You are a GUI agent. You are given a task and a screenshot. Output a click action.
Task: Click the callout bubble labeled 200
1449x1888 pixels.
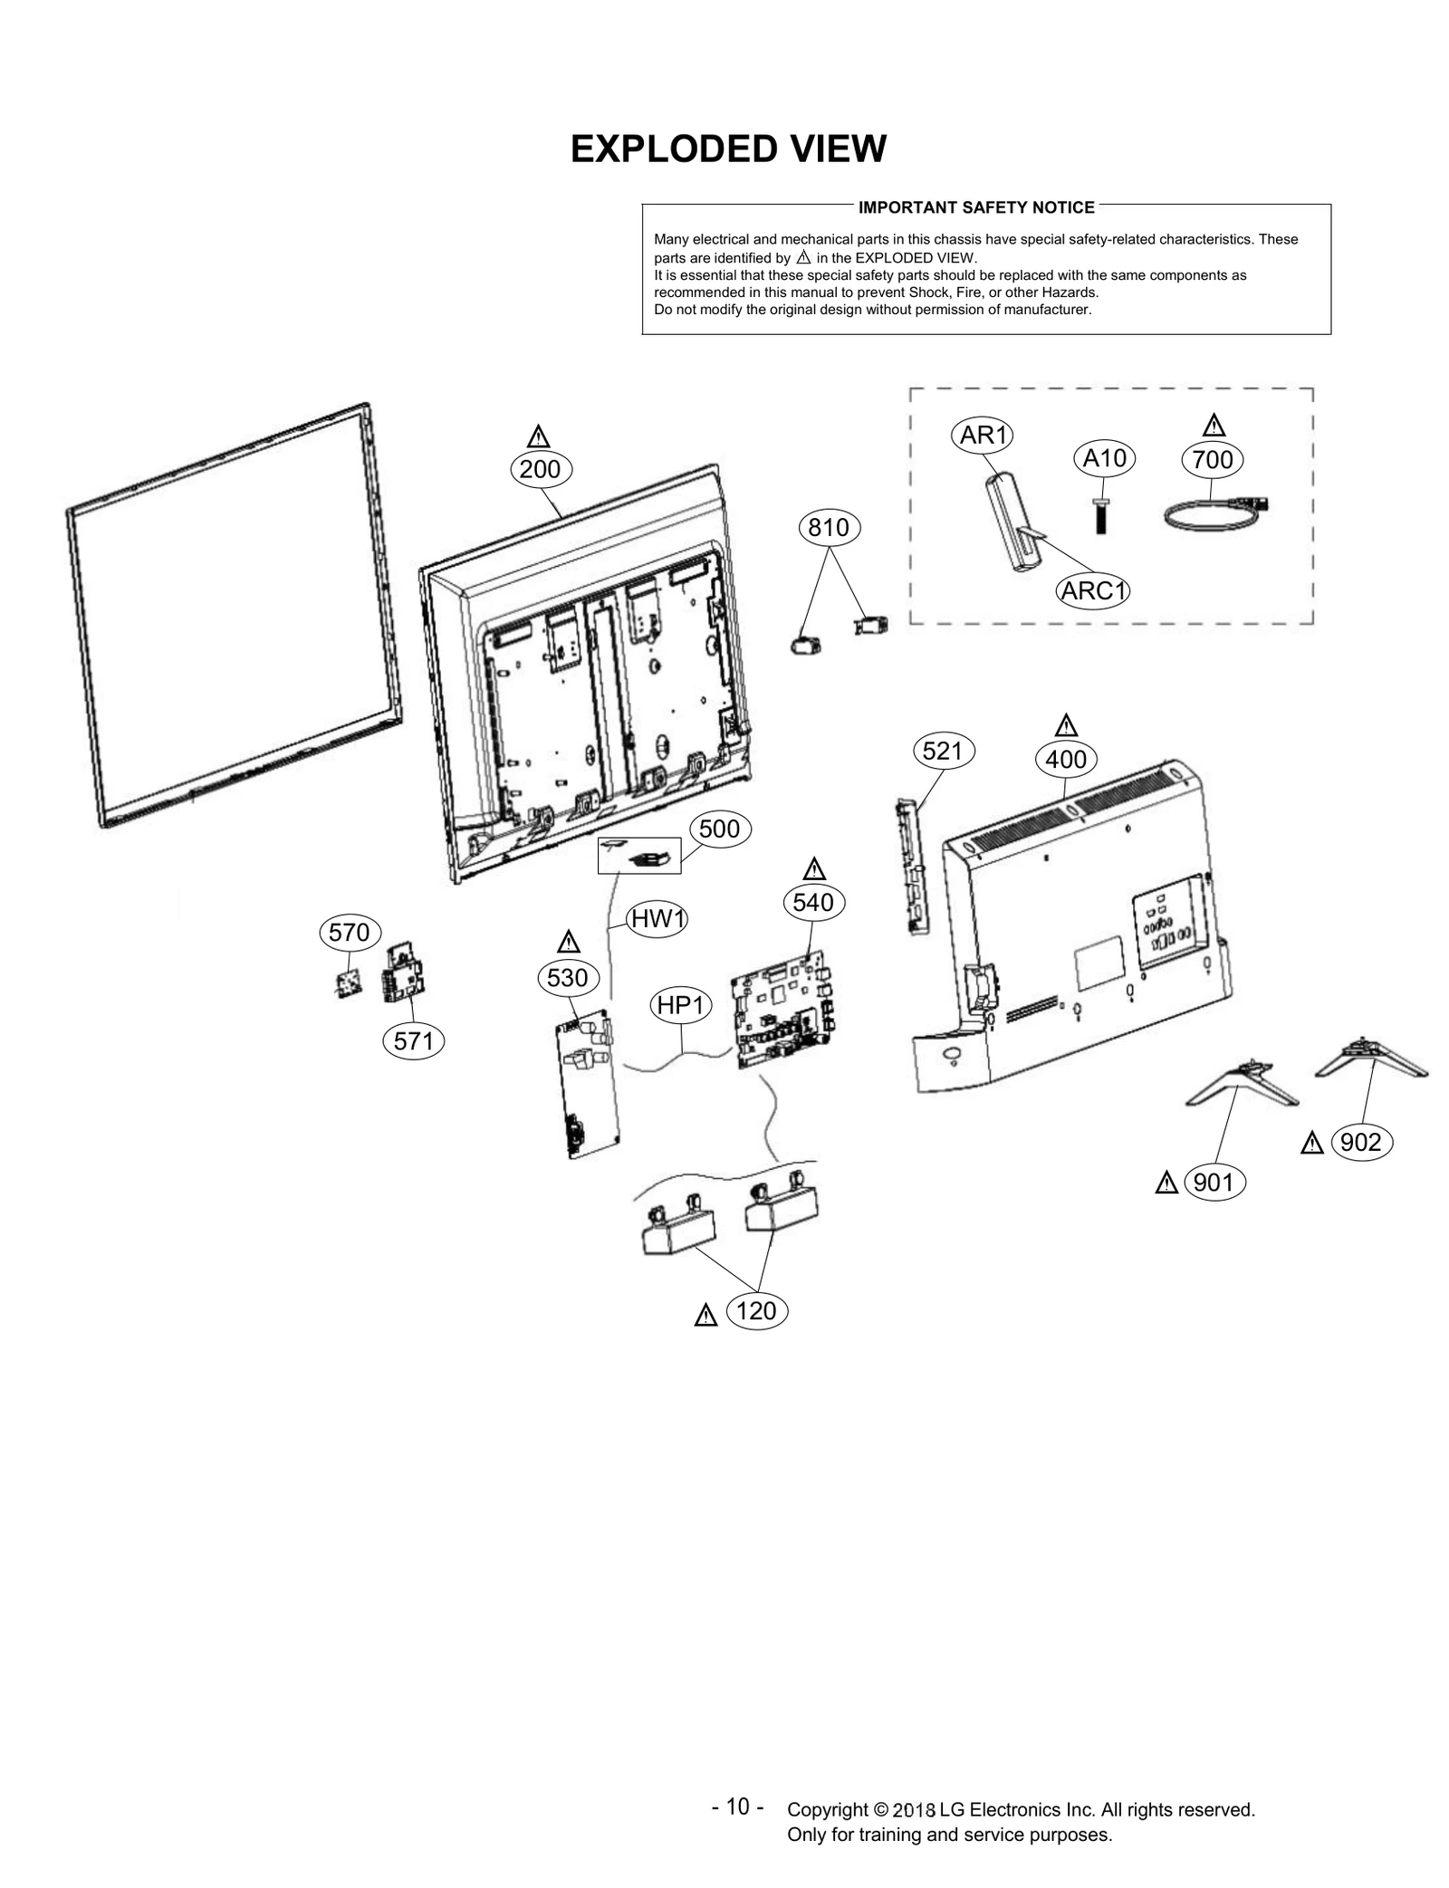pyautogui.click(x=541, y=469)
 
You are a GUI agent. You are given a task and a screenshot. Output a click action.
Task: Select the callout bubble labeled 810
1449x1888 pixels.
pyautogui.click(x=828, y=527)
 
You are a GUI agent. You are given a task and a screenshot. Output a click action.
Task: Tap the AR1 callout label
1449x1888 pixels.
pyautogui.click(x=983, y=436)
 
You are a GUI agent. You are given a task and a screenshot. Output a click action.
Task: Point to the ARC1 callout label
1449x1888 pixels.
pyautogui.click(x=1093, y=591)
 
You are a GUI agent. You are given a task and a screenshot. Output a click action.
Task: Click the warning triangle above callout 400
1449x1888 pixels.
pyautogui.click(x=1066, y=726)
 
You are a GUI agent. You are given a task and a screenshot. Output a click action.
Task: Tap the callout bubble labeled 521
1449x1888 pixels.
pyautogui.click(x=942, y=751)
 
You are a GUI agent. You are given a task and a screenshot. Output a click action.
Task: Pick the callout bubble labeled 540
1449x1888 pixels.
pyautogui.click(x=812, y=902)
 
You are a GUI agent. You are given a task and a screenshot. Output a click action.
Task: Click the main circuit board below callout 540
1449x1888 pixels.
pyautogui.click(x=783, y=1008)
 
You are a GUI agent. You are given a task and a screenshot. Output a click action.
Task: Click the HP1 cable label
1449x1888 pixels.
pyautogui.click(x=681, y=1005)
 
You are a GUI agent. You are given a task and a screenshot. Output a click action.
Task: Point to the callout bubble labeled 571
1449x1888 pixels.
pyautogui.click(x=414, y=1041)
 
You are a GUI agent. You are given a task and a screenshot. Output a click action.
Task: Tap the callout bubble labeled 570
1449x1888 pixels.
pyautogui.click(x=350, y=932)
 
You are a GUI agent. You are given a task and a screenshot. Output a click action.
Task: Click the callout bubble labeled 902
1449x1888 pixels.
pyautogui.click(x=1360, y=1143)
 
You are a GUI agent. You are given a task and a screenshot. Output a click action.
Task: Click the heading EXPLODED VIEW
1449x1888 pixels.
pyautogui.click(x=728, y=149)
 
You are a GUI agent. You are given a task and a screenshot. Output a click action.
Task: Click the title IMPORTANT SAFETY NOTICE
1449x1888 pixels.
pyautogui.click(x=976, y=207)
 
